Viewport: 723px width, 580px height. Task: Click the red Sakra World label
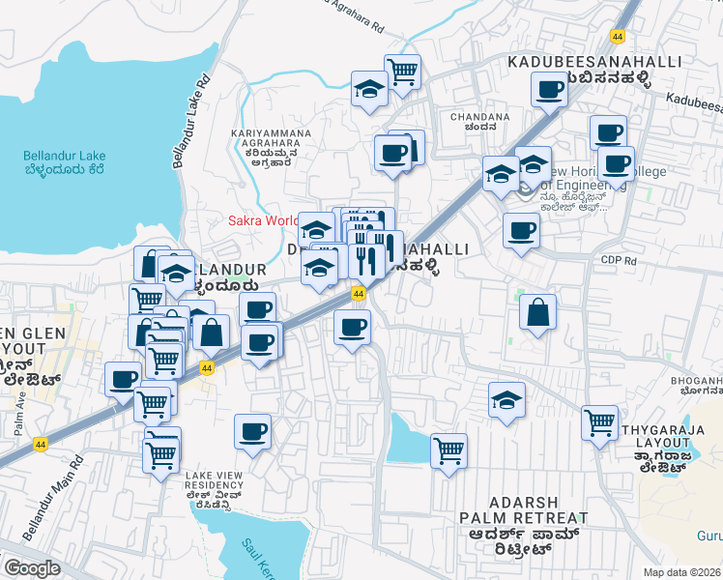(x=262, y=220)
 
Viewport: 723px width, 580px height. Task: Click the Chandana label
(x=480, y=121)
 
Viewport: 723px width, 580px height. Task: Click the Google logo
(x=32, y=567)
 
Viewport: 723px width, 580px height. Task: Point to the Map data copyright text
(x=682, y=572)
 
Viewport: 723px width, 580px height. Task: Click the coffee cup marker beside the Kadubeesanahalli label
(x=549, y=90)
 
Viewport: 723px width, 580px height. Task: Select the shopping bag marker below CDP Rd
(x=537, y=311)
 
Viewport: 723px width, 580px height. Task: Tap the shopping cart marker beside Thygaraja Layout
(x=599, y=421)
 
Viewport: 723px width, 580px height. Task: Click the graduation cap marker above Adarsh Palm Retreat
(x=506, y=398)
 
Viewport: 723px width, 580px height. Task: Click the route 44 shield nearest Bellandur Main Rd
(x=40, y=444)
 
